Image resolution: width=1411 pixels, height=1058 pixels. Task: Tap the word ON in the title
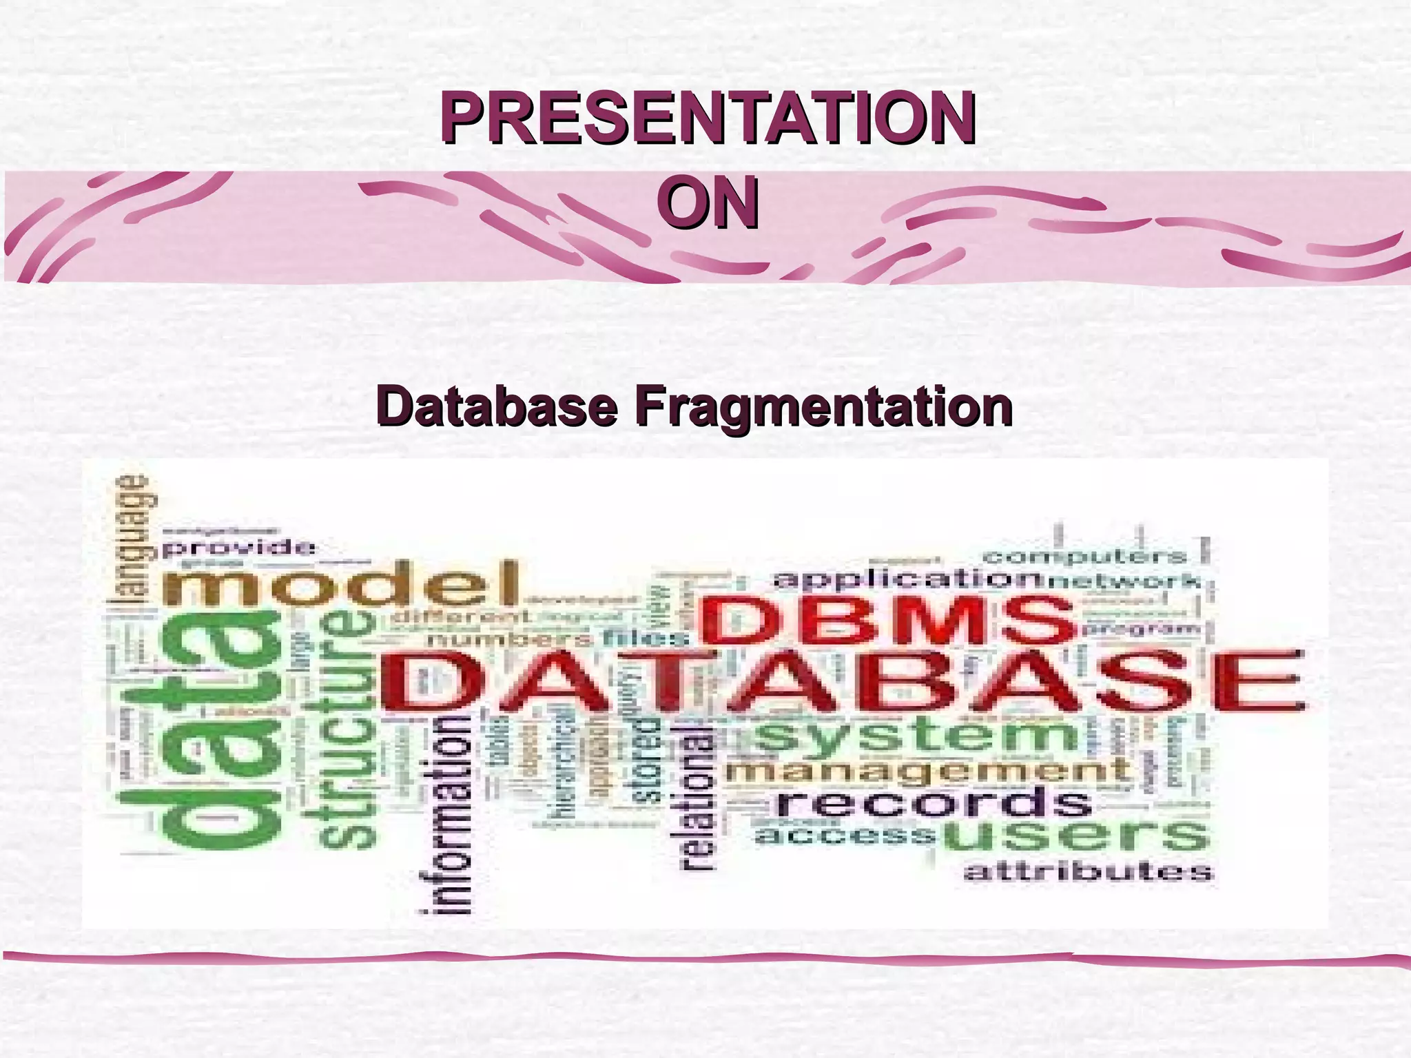point(708,204)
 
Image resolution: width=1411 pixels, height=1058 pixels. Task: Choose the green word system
point(916,736)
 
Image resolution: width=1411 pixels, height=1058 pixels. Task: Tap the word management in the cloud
point(927,769)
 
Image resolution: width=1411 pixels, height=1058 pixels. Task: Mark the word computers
point(1084,555)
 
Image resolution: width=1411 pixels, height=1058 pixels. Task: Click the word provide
point(239,549)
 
